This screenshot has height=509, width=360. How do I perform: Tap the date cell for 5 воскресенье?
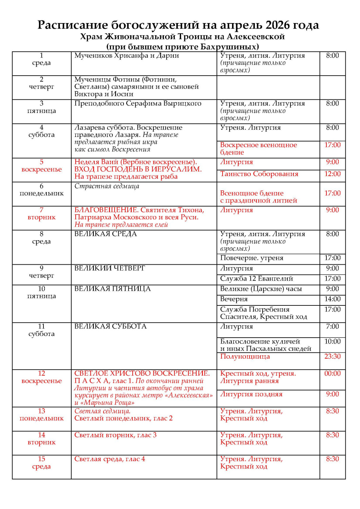pyautogui.click(x=41, y=166)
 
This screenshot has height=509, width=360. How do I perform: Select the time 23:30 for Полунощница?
pyautogui.click(x=332, y=356)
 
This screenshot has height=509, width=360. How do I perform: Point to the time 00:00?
pyautogui.click(x=332, y=374)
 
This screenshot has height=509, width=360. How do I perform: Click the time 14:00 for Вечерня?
pyautogui.click(x=332, y=299)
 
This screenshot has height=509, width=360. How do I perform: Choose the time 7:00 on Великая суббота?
pyautogui.click(x=332, y=326)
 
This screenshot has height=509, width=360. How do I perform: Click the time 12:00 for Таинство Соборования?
pyautogui.click(x=332, y=174)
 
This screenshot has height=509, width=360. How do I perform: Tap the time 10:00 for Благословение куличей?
pyautogui.click(x=332, y=341)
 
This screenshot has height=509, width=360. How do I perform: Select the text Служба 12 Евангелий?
pyautogui.click(x=257, y=279)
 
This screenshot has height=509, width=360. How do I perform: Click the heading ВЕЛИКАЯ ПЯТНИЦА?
pyautogui.click(x=112, y=289)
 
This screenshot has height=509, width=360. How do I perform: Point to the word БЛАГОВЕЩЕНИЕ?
pyautogui.click(x=106, y=210)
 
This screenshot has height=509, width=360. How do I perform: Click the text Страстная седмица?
pyautogui.click(x=107, y=186)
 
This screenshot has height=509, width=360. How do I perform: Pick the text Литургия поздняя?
pyautogui.click(x=251, y=394)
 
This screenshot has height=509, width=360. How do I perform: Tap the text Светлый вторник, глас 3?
pyautogui.click(x=115, y=435)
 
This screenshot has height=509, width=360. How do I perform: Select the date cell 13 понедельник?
pyautogui.click(x=41, y=415)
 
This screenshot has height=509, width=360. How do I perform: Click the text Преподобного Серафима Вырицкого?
pyautogui.click(x=138, y=103)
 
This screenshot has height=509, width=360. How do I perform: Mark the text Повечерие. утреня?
pyautogui.click(x=251, y=258)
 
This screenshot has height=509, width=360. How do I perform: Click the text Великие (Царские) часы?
pyautogui.click(x=261, y=289)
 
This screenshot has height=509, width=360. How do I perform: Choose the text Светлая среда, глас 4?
pyautogui.click(x=110, y=459)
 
